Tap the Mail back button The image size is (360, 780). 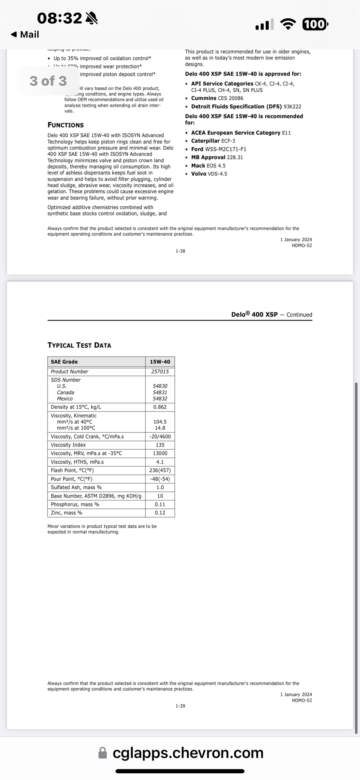tap(25, 34)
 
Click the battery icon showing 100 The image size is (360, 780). tap(315, 25)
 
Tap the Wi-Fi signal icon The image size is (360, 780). tap(288, 25)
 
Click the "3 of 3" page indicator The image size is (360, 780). tap(48, 81)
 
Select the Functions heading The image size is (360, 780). tap(65, 125)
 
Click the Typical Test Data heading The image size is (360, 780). tap(79, 345)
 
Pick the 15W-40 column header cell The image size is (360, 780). tap(160, 362)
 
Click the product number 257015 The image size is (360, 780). tap(160, 372)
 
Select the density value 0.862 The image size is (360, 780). tap(160, 407)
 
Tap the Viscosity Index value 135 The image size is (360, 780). tap(160, 445)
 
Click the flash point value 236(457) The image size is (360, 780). tap(160, 470)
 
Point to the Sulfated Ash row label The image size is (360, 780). tap(76, 487)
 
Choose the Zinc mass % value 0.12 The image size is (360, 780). tap(160, 512)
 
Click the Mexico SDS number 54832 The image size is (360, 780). tap(160, 399)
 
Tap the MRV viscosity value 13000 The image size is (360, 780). tap(160, 453)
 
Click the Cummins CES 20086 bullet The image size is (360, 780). tap(217, 98)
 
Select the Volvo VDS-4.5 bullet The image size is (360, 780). tap(209, 174)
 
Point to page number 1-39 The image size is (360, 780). tap(180, 706)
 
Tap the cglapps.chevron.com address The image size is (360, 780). tap(188, 753)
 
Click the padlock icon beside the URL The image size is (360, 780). tap(103, 753)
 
